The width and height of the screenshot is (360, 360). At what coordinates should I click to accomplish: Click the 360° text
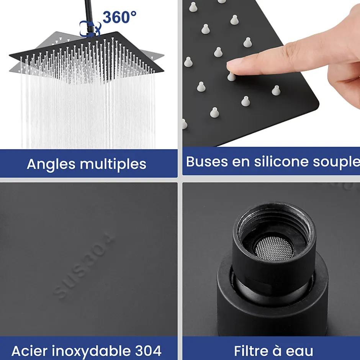pos(119,17)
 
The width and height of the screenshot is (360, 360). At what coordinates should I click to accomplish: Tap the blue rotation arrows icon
pos(90,28)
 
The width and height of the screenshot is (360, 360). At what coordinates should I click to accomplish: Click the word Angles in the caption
pos(51,164)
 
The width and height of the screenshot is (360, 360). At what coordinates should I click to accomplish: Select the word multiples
pos(113,164)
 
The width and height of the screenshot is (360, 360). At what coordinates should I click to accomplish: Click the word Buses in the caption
pos(207,161)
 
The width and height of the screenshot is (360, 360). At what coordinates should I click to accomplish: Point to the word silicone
pos(281,161)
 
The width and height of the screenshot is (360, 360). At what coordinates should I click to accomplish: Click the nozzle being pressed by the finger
pos(232,77)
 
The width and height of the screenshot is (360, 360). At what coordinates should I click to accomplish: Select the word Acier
pos(30,351)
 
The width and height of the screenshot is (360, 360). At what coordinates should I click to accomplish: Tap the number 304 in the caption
pos(148,351)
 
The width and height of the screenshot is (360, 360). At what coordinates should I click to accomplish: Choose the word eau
pos(300,352)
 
